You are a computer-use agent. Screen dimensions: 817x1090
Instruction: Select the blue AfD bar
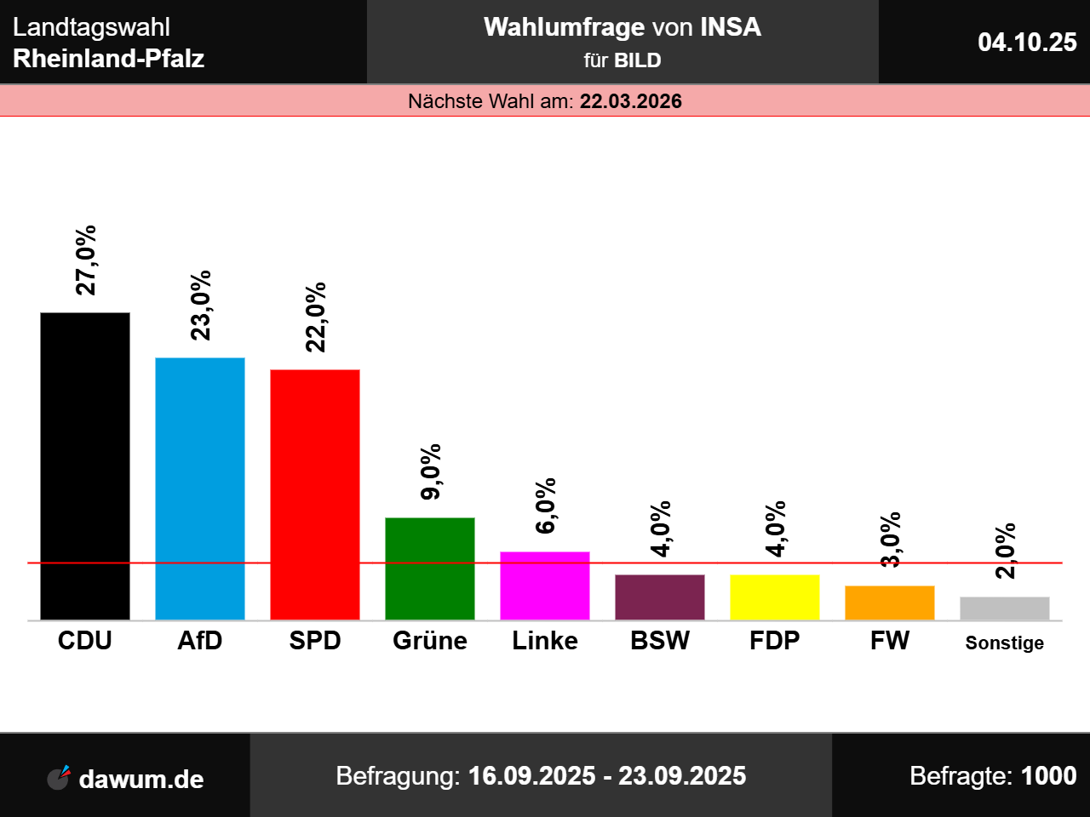(x=200, y=488)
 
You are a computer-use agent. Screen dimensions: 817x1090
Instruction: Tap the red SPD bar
(x=315, y=494)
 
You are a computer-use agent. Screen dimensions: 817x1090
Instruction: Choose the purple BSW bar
(x=660, y=597)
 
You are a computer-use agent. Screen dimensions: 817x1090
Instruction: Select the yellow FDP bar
(x=775, y=597)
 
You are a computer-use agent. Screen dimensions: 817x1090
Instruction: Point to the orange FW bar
(x=890, y=603)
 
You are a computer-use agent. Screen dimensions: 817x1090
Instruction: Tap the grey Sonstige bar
(x=1005, y=608)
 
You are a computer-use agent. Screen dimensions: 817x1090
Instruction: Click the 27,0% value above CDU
(x=86, y=260)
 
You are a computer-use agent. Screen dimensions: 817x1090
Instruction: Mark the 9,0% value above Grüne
(x=431, y=471)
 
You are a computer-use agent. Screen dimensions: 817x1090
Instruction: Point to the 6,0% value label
(x=546, y=506)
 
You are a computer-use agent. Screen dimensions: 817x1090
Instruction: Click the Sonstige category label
(x=1005, y=643)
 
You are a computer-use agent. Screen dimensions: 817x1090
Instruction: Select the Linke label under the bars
(x=545, y=641)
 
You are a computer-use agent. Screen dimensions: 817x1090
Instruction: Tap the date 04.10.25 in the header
(x=1027, y=42)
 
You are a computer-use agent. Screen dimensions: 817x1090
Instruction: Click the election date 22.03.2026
(x=631, y=101)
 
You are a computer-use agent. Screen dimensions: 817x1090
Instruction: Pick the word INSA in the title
(x=731, y=27)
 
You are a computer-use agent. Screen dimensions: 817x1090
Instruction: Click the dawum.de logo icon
(x=59, y=777)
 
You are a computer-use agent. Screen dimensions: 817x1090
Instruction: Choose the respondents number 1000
(x=1048, y=776)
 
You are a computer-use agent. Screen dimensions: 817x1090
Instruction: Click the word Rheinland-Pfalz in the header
(x=109, y=59)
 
